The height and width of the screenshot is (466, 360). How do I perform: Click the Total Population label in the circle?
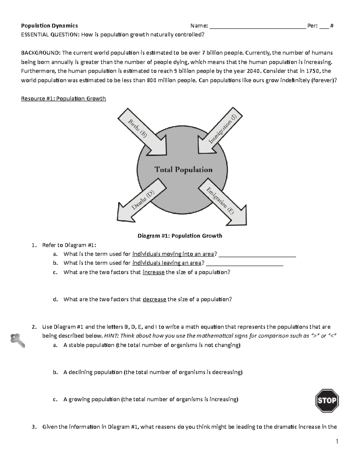click(x=183, y=170)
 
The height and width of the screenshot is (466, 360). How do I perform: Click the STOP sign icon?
click(x=327, y=401)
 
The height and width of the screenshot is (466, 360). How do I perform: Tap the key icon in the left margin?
click(x=17, y=340)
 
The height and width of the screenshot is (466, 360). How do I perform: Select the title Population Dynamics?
click(x=49, y=26)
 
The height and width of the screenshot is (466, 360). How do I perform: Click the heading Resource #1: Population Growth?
click(x=63, y=98)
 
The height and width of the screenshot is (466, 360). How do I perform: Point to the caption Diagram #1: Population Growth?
click(x=180, y=236)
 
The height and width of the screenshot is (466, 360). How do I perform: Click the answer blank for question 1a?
click(x=257, y=254)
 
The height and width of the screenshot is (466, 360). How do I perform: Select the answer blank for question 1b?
click(x=245, y=263)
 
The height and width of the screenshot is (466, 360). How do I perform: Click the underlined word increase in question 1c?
click(x=153, y=272)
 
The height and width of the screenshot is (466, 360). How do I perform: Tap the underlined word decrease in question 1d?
click(x=154, y=299)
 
